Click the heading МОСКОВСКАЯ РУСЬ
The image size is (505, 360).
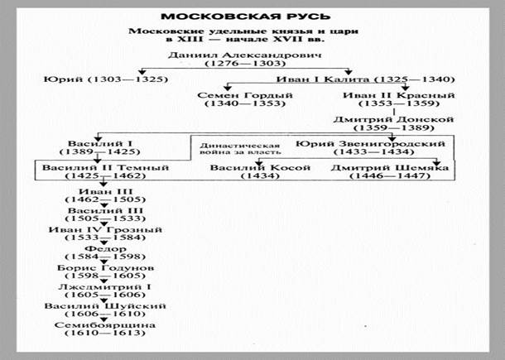pyautogui.click(x=245, y=17)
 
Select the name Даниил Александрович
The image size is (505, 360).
pyautogui.click(x=245, y=55)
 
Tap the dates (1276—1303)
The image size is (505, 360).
pyautogui.click(x=245, y=63)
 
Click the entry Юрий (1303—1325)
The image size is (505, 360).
pyautogui.click(x=106, y=79)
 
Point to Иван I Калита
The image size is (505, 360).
pyautogui.click(x=323, y=79)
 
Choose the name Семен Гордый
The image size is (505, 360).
pyautogui.click(x=245, y=95)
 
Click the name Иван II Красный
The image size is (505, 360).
pyautogui.click(x=399, y=95)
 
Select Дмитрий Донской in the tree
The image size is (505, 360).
pyautogui.click(x=393, y=119)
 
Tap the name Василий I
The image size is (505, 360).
pyautogui.click(x=100, y=144)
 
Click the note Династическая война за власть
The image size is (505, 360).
pyautogui.click(x=240, y=149)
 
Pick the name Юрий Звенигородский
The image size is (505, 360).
pyautogui.click(x=370, y=144)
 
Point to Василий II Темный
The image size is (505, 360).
pyautogui.click(x=106, y=168)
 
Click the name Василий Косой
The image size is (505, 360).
pyautogui.click(x=260, y=168)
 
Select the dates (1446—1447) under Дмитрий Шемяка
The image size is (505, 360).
pyautogui.click(x=390, y=175)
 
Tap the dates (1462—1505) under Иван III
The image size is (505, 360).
pyautogui.click(x=105, y=199)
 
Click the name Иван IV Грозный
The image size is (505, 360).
pyautogui.click(x=105, y=230)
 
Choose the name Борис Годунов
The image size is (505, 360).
pyautogui.click(x=106, y=268)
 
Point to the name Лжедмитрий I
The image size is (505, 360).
pyautogui.click(x=104, y=287)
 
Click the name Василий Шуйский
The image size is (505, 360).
pyautogui.click(x=105, y=306)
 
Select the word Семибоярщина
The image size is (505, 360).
pyautogui.click(x=105, y=325)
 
